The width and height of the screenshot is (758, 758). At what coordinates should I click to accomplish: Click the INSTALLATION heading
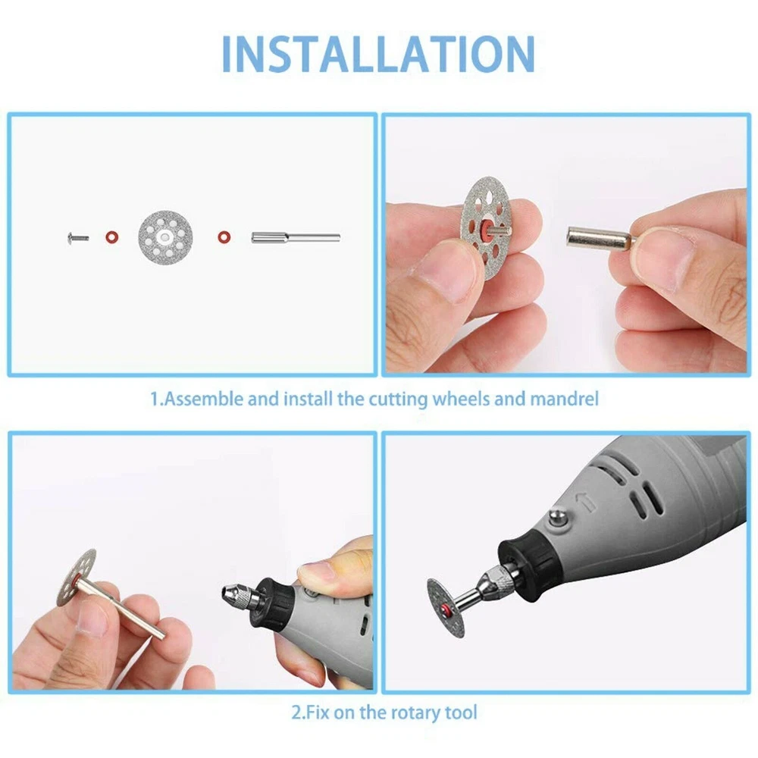point(378,54)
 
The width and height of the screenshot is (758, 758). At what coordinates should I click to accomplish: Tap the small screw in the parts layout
point(78,238)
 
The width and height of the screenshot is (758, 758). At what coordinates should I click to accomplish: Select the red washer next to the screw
point(112,237)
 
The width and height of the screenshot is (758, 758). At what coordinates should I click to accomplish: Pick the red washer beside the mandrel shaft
point(224,237)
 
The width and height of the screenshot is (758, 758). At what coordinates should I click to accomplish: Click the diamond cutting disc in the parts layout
point(166,236)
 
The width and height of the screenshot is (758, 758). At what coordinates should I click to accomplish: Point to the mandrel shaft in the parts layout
point(296,237)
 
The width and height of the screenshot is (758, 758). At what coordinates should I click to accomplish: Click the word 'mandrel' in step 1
point(564,399)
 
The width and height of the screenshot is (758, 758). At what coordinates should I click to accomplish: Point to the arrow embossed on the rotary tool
point(585,503)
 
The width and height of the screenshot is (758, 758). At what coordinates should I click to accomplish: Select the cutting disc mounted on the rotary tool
point(446,608)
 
